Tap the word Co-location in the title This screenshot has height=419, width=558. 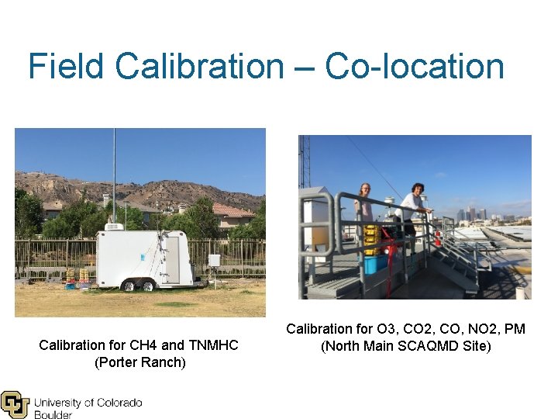click(x=415, y=66)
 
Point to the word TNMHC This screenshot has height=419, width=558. click(x=211, y=345)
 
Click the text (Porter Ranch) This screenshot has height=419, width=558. click(x=139, y=362)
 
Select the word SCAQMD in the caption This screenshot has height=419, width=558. click(x=431, y=346)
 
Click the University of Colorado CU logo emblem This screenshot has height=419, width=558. click(x=15, y=404)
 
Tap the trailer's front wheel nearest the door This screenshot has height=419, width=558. click(x=147, y=286)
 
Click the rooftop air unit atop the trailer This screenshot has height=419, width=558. click(x=114, y=227)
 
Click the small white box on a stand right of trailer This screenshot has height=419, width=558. click(x=214, y=261)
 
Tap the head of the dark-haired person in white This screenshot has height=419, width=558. click(x=417, y=189)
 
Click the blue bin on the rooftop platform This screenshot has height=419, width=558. click(x=375, y=264)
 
